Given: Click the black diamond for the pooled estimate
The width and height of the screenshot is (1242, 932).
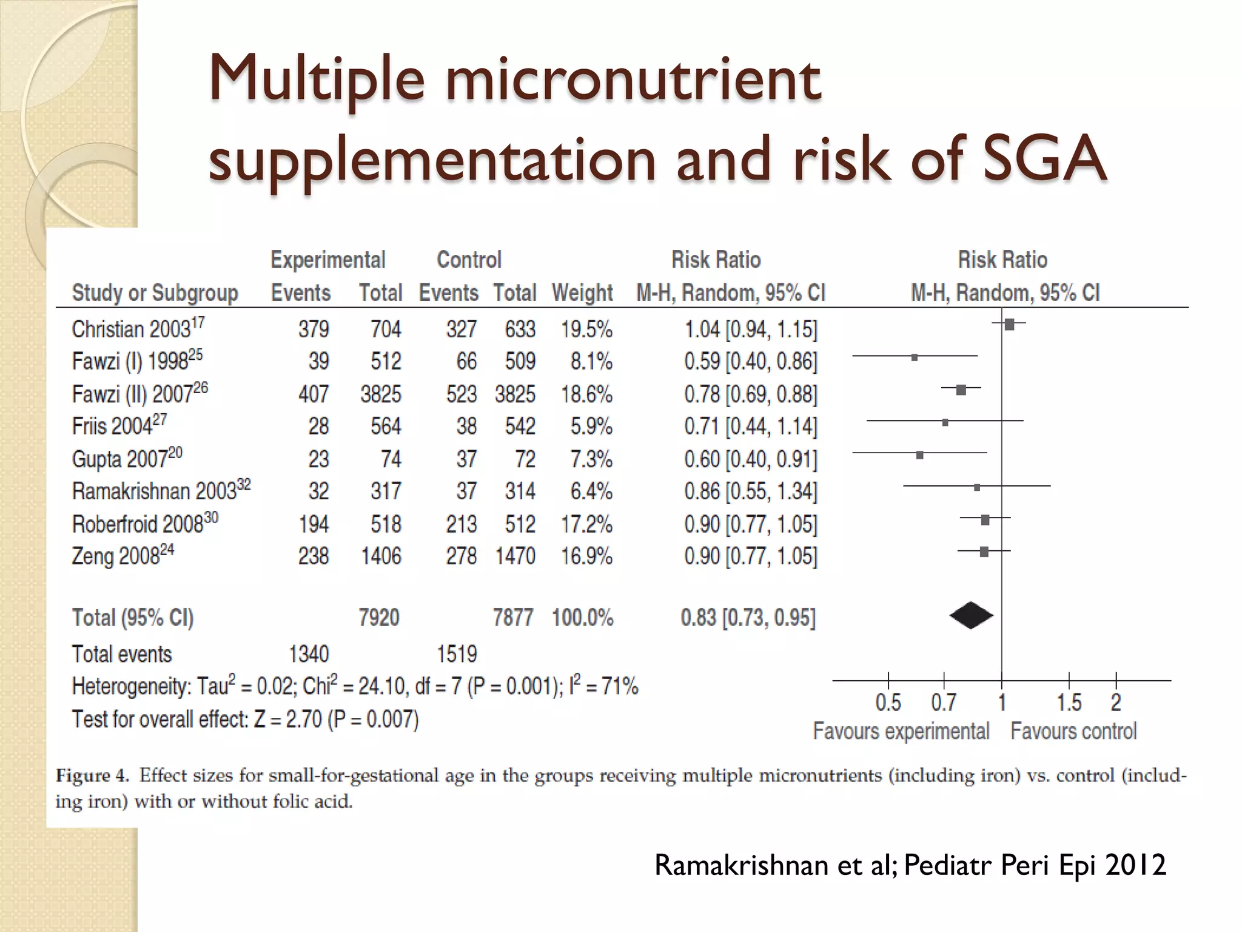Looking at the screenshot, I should coord(971,616).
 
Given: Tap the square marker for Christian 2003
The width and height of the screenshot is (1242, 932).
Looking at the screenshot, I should coord(1009,325).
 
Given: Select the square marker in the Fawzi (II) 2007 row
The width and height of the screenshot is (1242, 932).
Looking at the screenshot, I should coord(961,390).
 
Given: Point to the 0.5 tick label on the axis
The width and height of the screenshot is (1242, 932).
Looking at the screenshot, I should coord(888,703).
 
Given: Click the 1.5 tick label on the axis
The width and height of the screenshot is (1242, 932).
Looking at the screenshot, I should coord(1069,703).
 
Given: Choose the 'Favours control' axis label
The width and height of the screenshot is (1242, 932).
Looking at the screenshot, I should coord(1073,731).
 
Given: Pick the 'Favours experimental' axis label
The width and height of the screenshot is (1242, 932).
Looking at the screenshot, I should coord(901,731).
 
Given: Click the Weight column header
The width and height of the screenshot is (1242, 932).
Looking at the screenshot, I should coord(582,293).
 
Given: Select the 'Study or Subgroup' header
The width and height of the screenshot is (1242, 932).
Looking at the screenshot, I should coord(155,293).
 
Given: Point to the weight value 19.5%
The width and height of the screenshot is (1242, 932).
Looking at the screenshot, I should coord(586,329).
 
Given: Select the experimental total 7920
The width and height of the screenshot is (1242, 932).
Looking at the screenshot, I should coord(379,618).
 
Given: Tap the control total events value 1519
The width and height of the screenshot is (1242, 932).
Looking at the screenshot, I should coord(457,654).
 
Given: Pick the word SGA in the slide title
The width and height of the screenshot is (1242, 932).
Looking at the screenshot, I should coord(1044,159).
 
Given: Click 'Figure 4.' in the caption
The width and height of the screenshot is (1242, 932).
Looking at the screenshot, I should coord(93,775).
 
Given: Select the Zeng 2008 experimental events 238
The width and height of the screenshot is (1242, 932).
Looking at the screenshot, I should coord(314,556).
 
